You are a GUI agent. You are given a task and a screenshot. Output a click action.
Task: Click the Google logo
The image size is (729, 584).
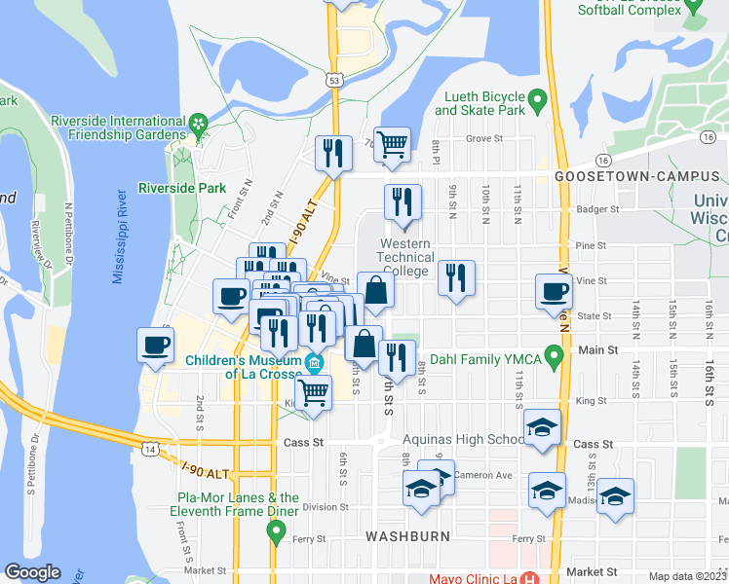pos(32,572)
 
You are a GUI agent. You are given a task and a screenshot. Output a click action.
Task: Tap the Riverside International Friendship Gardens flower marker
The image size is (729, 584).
pos(199,124)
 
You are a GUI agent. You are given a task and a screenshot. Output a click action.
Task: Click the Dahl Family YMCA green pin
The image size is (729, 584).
pos(555,360)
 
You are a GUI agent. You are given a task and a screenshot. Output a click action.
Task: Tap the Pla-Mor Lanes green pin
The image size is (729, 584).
pos(276,531)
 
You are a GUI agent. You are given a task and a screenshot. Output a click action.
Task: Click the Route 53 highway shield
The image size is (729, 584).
pos(335,81)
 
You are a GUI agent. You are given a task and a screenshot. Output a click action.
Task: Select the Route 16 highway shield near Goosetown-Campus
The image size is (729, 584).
pos(603,160)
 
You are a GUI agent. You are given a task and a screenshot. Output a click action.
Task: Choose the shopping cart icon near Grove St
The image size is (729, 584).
pos(392,144)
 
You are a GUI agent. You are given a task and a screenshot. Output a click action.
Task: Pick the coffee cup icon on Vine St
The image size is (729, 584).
pos(554,291)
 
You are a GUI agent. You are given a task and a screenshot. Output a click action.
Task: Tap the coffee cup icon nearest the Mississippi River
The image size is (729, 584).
pos(156,345)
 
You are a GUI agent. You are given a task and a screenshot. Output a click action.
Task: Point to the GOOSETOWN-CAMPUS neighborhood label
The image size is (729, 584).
pos(639,177)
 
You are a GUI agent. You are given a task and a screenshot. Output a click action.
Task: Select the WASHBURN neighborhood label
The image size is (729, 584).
pos(407,536)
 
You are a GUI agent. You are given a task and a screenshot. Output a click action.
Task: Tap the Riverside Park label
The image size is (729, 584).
pos(182,188)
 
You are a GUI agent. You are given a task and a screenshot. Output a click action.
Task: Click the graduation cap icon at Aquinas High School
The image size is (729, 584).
pos(543,427)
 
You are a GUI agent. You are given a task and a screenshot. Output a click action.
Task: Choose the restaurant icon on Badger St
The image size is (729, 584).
pos(402,202)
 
